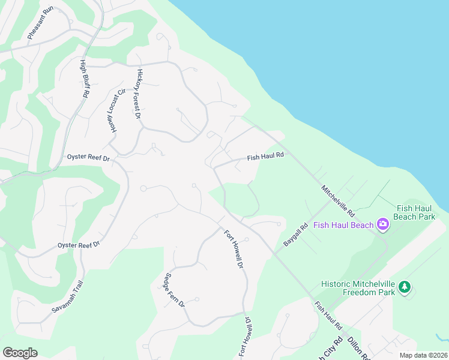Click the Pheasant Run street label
click(x=41, y=23)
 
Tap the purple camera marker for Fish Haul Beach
click(x=382, y=225)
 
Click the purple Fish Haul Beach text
click(x=343, y=226)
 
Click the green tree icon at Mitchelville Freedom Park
click(x=405, y=287)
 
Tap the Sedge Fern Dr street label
click(x=174, y=290)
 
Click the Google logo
click(x=20, y=353)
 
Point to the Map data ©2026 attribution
click(x=423, y=355)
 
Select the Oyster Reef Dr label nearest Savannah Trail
click(x=78, y=245)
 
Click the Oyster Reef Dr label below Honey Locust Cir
click(x=88, y=158)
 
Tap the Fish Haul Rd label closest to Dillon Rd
click(x=328, y=316)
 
